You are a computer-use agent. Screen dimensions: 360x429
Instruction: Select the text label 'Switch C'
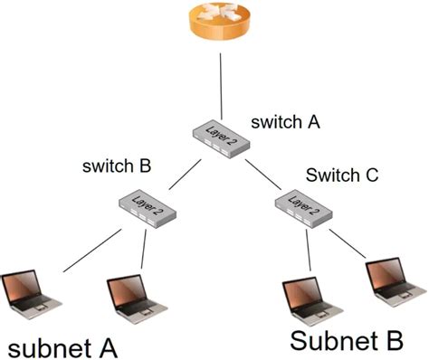[341, 174]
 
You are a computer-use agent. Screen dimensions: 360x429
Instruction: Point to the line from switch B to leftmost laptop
[91, 251]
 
